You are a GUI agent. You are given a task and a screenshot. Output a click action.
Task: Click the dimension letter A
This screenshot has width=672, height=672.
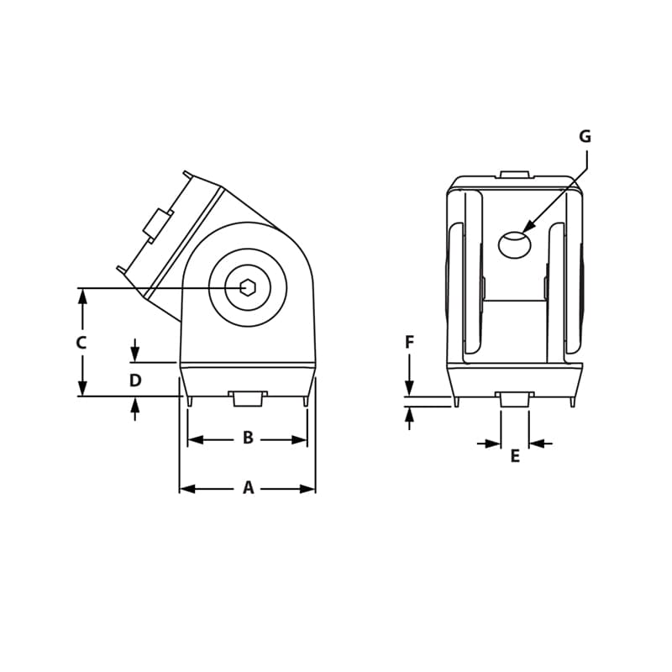click(248, 488)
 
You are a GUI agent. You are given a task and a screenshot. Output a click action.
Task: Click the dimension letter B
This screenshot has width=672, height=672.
click(248, 438)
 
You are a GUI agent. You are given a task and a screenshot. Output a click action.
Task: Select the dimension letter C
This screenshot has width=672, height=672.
click(81, 343)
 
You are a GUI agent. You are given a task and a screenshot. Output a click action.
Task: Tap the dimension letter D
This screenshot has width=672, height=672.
click(135, 381)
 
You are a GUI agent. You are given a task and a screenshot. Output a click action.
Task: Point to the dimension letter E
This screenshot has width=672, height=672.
click(515, 456)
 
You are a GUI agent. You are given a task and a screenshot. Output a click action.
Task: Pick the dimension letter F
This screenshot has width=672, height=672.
click(409, 343)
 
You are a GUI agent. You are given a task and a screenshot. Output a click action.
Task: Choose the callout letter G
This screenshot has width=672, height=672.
click(585, 137)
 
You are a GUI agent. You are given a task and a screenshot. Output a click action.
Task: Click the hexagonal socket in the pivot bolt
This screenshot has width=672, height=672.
click(248, 287)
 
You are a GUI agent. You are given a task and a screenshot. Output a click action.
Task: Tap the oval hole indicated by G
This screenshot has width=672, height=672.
click(514, 245)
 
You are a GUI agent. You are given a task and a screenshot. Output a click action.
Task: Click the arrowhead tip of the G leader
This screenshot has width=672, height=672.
click(523, 231)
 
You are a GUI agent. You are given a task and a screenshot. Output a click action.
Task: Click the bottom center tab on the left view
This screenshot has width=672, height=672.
click(248, 398)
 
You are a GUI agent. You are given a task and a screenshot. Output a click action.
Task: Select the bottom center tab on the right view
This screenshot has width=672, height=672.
click(515, 399)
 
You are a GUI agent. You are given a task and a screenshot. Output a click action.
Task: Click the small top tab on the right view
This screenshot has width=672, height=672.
click(515, 175)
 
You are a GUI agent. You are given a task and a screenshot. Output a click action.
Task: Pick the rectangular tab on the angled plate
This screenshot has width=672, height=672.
click(157, 224)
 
